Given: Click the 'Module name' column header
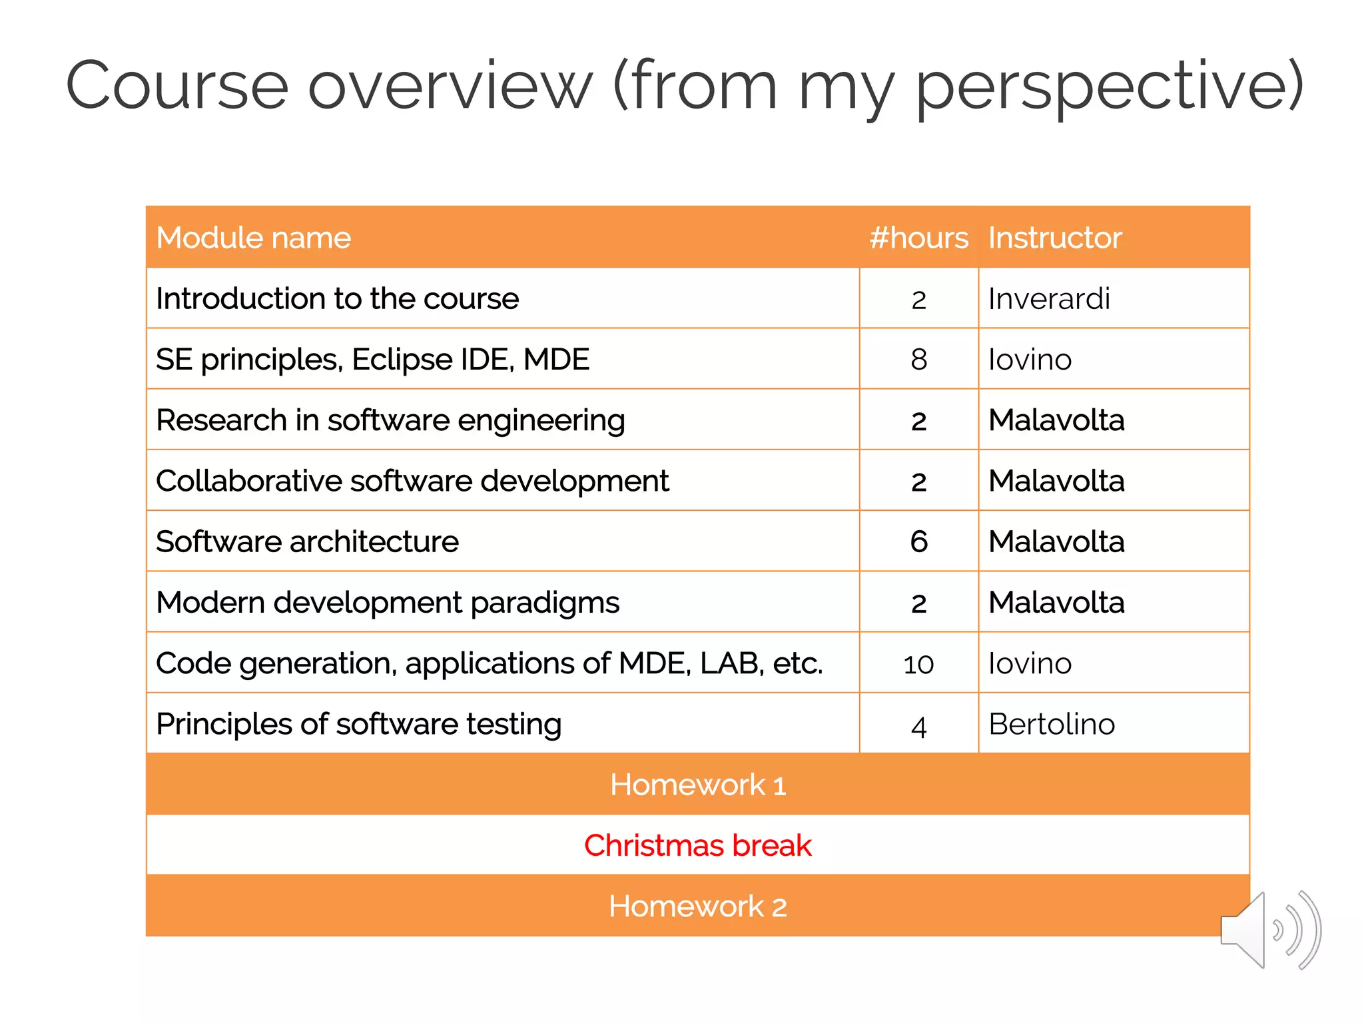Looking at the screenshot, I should [253, 238].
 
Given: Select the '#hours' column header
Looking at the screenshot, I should [918, 238].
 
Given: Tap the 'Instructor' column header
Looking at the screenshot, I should [1054, 238].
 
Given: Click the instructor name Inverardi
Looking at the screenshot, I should [1049, 298].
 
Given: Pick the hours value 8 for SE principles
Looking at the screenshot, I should [918, 360].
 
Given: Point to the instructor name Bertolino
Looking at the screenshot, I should [1052, 724].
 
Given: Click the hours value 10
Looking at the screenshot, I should [918, 664].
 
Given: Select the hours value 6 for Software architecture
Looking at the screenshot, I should [918, 541].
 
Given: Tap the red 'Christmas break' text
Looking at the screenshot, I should [697, 845].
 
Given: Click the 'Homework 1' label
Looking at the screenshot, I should [697, 785].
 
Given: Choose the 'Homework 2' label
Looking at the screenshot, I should [697, 906].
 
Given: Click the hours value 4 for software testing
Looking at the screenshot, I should [918, 726].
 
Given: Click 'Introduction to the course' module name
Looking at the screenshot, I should [337, 298].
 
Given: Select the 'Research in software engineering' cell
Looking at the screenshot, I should [390, 420].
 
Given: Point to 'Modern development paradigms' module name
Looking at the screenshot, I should [388, 603].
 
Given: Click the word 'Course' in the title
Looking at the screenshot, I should [177, 87].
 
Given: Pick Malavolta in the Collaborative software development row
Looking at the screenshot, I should [1056, 481].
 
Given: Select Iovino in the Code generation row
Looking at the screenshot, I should [1030, 663].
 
